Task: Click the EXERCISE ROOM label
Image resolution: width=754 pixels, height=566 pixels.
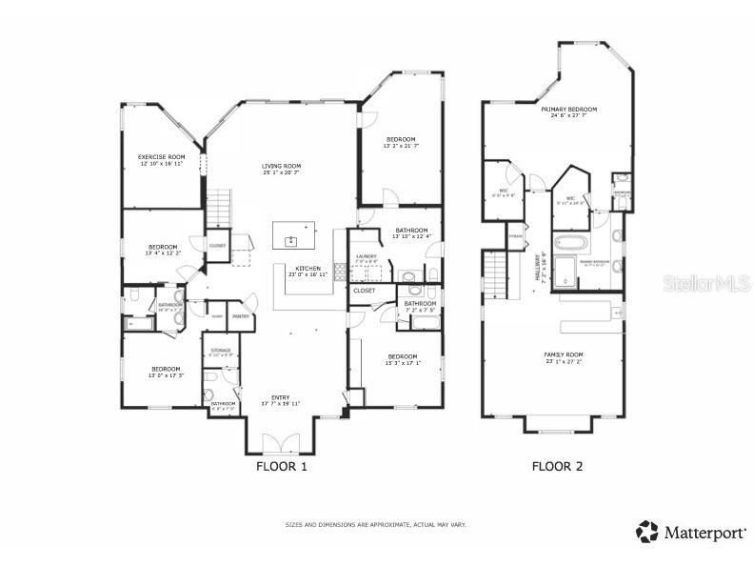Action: (x=161, y=156)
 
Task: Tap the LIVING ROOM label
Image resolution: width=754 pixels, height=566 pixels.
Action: (x=281, y=166)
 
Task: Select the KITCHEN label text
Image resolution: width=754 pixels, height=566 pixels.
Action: (x=307, y=269)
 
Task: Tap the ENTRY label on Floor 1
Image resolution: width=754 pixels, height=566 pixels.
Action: (x=281, y=397)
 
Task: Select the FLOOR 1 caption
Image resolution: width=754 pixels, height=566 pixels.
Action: (x=282, y=467)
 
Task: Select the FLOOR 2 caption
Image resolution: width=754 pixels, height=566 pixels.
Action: (x=557, y=467)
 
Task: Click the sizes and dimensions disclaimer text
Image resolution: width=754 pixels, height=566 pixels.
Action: (x=376, y=525)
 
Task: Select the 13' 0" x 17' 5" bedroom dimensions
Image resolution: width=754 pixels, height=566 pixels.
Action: (x=166, y=374)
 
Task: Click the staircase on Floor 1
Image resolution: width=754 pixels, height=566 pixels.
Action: (x=220, y=206)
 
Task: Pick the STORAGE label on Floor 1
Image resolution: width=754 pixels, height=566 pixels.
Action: (x=221, y=350)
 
